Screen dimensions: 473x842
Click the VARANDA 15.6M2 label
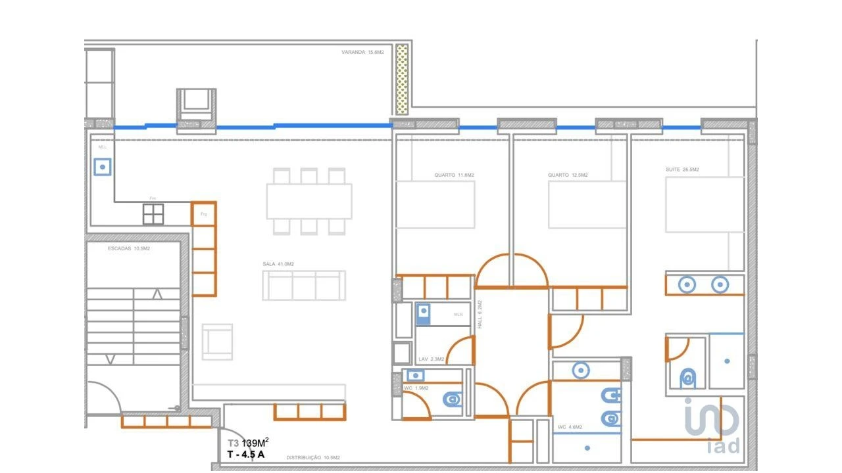pos(362,52)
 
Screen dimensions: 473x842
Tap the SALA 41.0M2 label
pos(278,264)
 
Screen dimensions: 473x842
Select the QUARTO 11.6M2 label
pos(454,175)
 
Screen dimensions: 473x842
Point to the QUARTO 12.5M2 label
pos(568,175)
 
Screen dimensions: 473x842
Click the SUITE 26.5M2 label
pos(682,169)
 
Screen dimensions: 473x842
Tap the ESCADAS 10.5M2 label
pos(129,249)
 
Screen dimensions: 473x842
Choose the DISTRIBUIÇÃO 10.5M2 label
pos(312,458)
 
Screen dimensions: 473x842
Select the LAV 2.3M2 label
pos(432,359)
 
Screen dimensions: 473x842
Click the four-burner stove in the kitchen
pos(153,214)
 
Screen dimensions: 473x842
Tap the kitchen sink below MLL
pos(102,168)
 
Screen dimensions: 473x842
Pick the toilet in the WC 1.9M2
pos(452,399)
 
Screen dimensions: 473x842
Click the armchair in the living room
pos(217,342)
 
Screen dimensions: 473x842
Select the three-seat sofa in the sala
pos(304,286)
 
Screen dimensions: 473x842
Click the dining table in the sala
pos(309,201)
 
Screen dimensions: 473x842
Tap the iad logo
pos(712,427)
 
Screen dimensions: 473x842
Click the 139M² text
pos(255,443)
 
